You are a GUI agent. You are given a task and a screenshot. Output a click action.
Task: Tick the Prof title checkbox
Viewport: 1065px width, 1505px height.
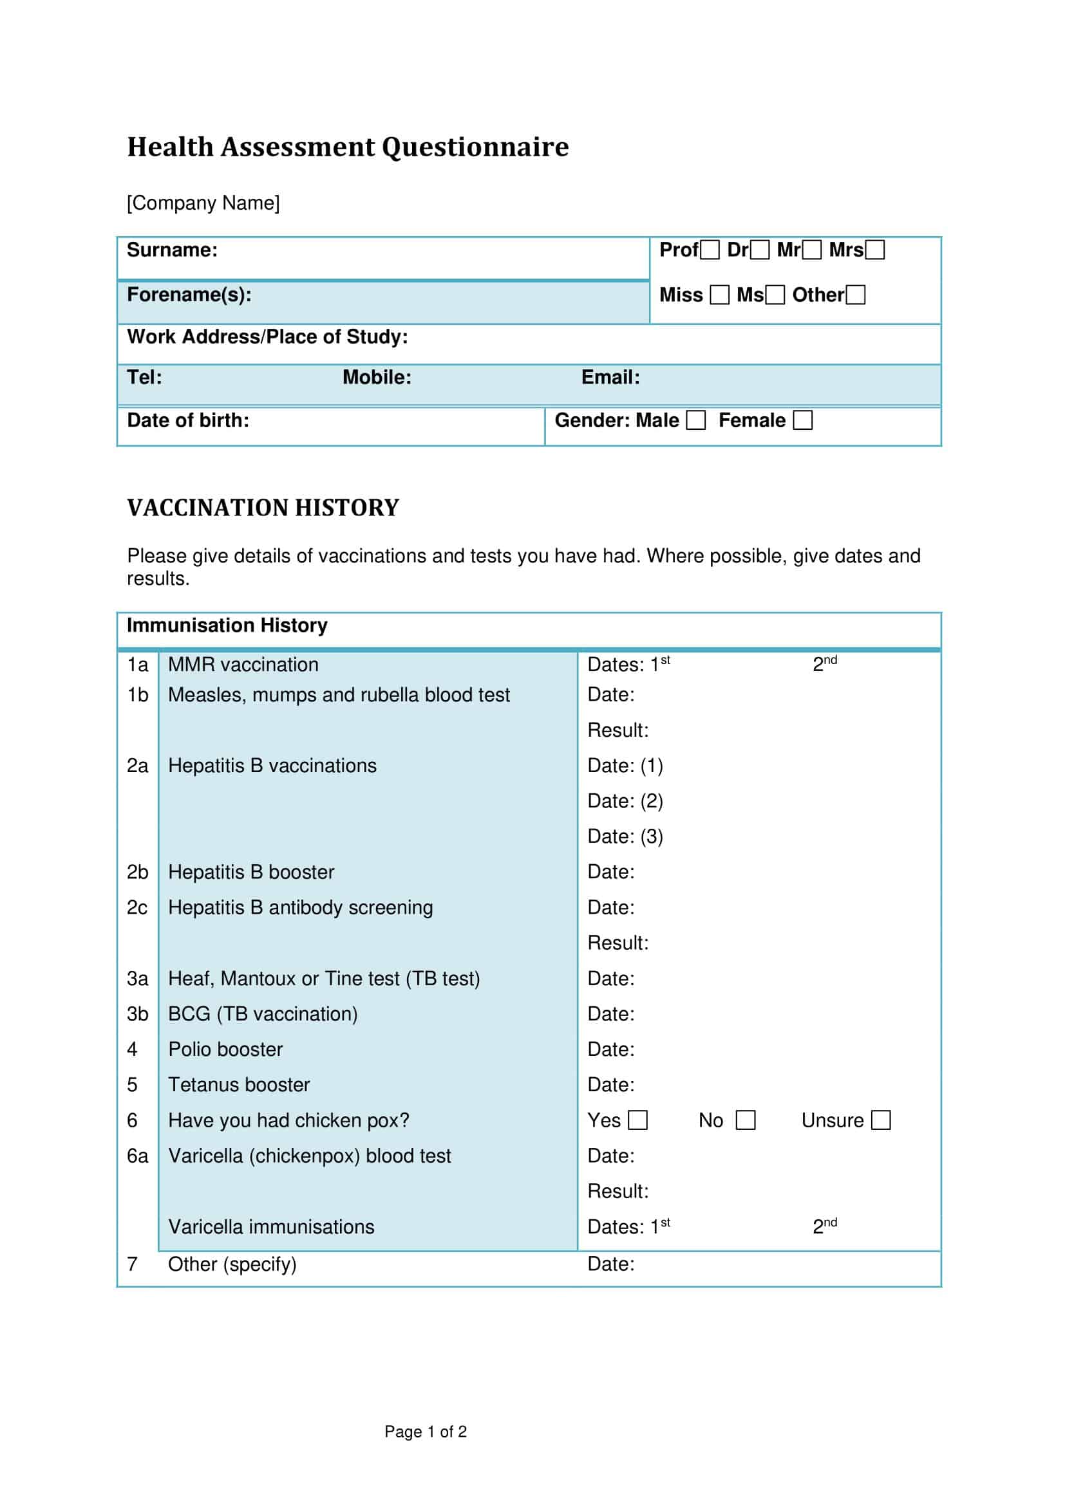click(x=710, y=250)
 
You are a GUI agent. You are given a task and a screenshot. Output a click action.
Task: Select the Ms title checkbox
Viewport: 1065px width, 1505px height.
click(x=775, y=295)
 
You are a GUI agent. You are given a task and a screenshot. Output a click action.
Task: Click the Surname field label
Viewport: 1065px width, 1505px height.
click(x=172, y=250)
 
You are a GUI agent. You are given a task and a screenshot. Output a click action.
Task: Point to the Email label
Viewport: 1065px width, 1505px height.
click(x=610, y=378)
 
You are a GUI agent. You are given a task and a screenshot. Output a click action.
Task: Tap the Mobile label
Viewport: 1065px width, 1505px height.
click(x=377, y=378)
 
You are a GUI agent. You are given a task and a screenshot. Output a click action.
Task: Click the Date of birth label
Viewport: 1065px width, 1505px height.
click(x=187, y=421)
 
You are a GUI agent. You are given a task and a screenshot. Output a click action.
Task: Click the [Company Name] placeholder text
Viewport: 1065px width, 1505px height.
click(x=203, y=203)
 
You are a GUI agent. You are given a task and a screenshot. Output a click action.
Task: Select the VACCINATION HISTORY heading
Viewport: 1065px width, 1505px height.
click(x=263, y=508)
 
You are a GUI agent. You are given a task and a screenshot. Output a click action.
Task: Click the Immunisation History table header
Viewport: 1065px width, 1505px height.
click(x=227, y=625)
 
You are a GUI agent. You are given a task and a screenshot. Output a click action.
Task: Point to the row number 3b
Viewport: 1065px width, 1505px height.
click(x=137, y=1014)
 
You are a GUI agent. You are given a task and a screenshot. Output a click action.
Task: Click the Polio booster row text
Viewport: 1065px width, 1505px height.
click(x=225, y=1049)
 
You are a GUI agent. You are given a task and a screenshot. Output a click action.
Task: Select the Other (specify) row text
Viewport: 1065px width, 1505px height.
click(x=232, y=1264)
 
